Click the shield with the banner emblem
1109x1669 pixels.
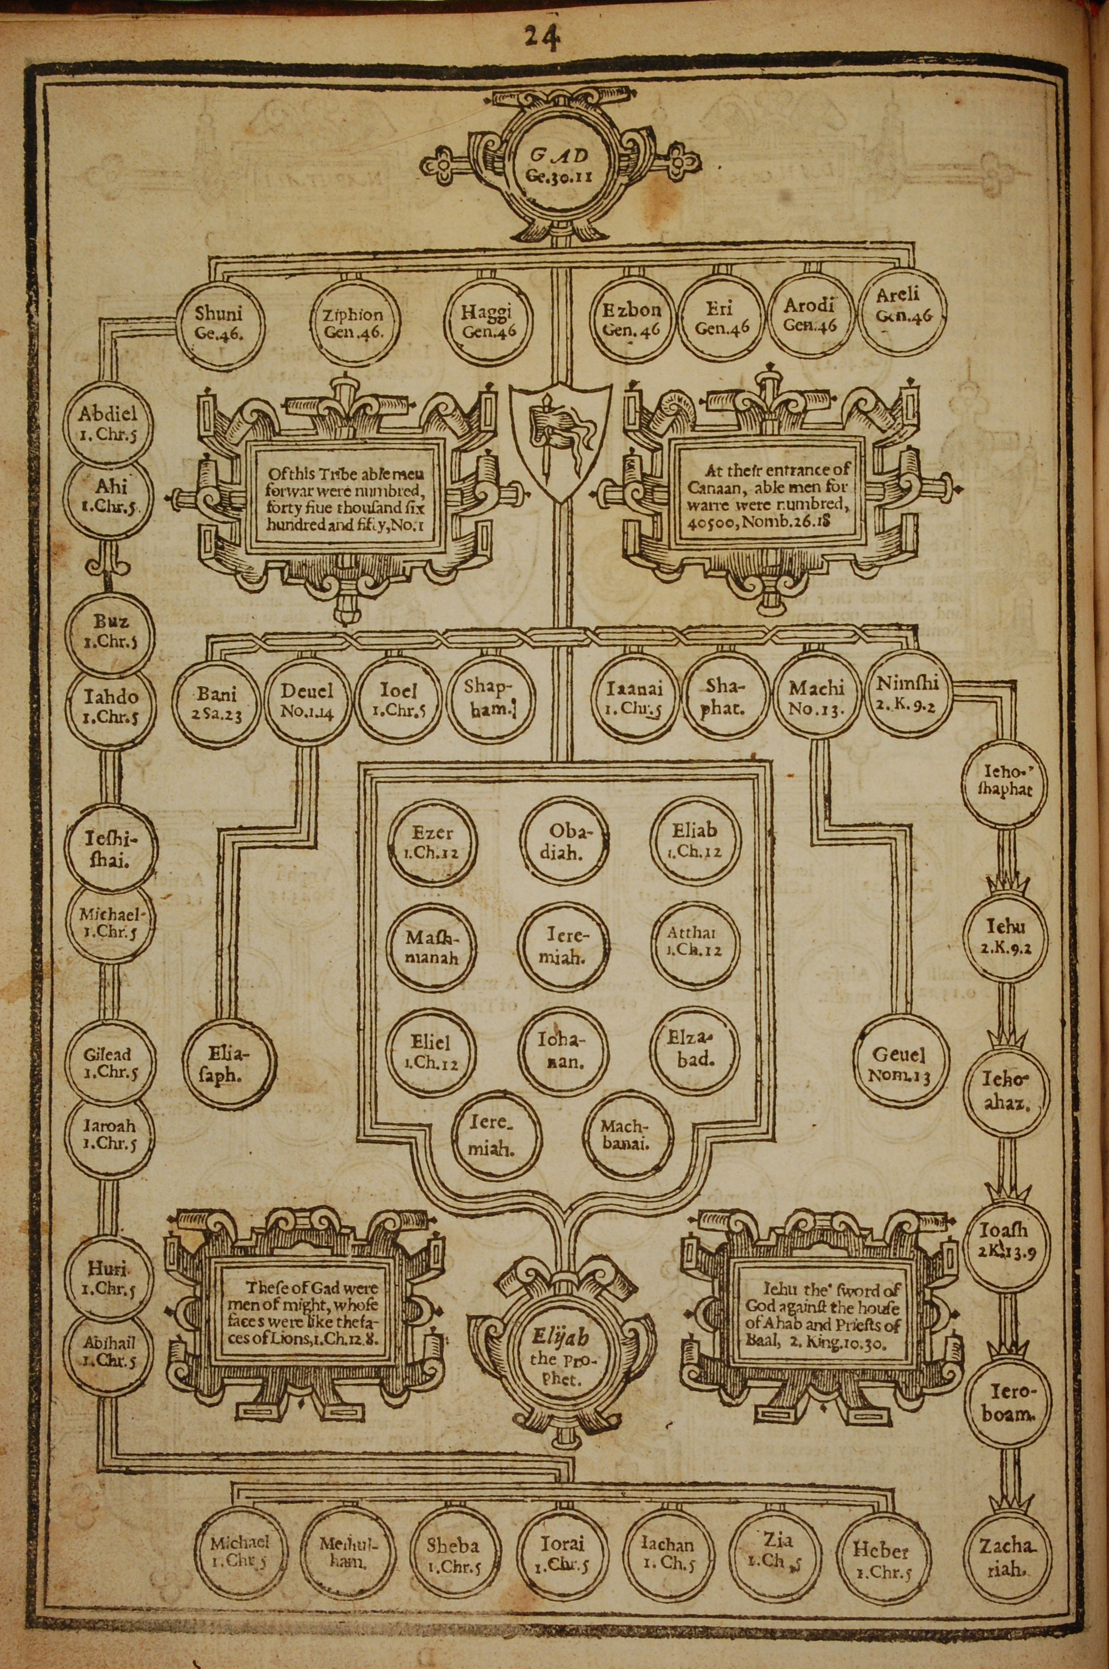561,439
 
